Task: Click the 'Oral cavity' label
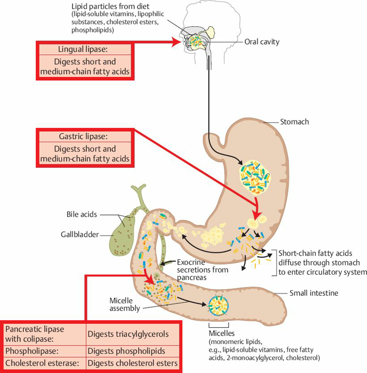point(262,42)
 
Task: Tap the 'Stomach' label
point(294,121)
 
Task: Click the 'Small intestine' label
point(313,293)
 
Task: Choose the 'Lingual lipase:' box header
point(83,49)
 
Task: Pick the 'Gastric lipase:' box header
point(83,136)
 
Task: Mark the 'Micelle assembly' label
point(125,304)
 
